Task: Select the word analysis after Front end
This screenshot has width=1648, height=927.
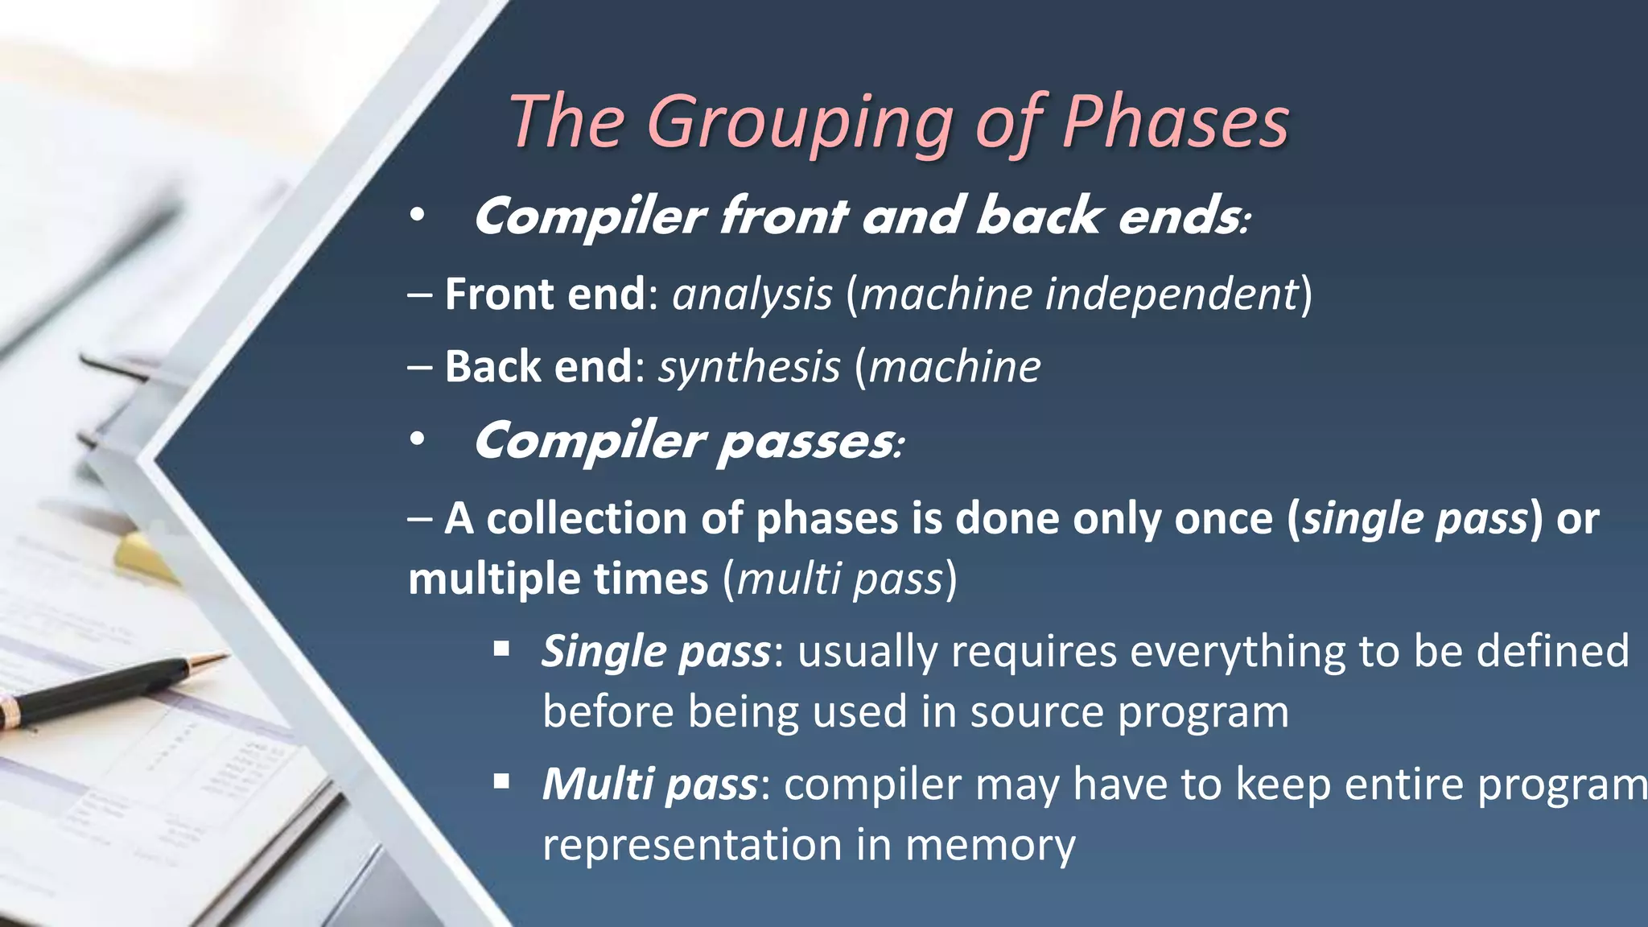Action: coord(752,295)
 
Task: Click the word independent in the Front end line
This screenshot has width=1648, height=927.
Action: coord(1172,295)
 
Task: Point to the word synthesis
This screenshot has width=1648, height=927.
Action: coord(749,368)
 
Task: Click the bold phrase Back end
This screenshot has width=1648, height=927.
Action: coord(538,368)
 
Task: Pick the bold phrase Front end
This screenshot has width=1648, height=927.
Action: coord(545,295)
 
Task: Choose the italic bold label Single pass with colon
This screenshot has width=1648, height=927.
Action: coord(660,652)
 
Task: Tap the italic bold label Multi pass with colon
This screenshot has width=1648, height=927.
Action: coord(653,785)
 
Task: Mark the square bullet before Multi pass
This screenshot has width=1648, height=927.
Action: coord(501,781)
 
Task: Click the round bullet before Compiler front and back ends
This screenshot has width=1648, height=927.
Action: coord(416,216)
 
